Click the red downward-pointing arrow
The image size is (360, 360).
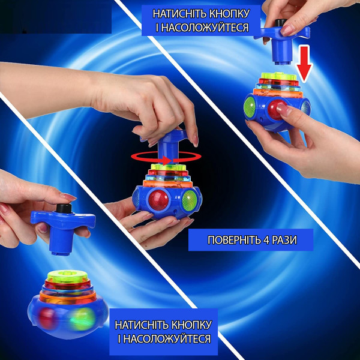click(x=304, y=63)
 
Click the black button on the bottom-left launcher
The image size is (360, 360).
click(x=64, y=208)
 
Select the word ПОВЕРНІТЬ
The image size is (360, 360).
click(x=234, y=240)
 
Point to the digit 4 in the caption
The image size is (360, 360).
click(x=266, y=240)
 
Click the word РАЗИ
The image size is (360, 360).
click(x=284, y=240)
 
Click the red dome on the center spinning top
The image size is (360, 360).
click(x=158, y=200)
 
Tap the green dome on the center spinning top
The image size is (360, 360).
click(x=190, y=200)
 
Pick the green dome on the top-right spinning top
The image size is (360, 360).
click(x=250, y=107)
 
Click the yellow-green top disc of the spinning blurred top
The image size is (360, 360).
click(x=67, y=276)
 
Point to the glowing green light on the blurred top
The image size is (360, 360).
click(x=83, y=319)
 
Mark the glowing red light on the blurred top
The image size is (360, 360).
click(x=48, y=318)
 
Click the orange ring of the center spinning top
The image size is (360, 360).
click(x=167, y=183)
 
